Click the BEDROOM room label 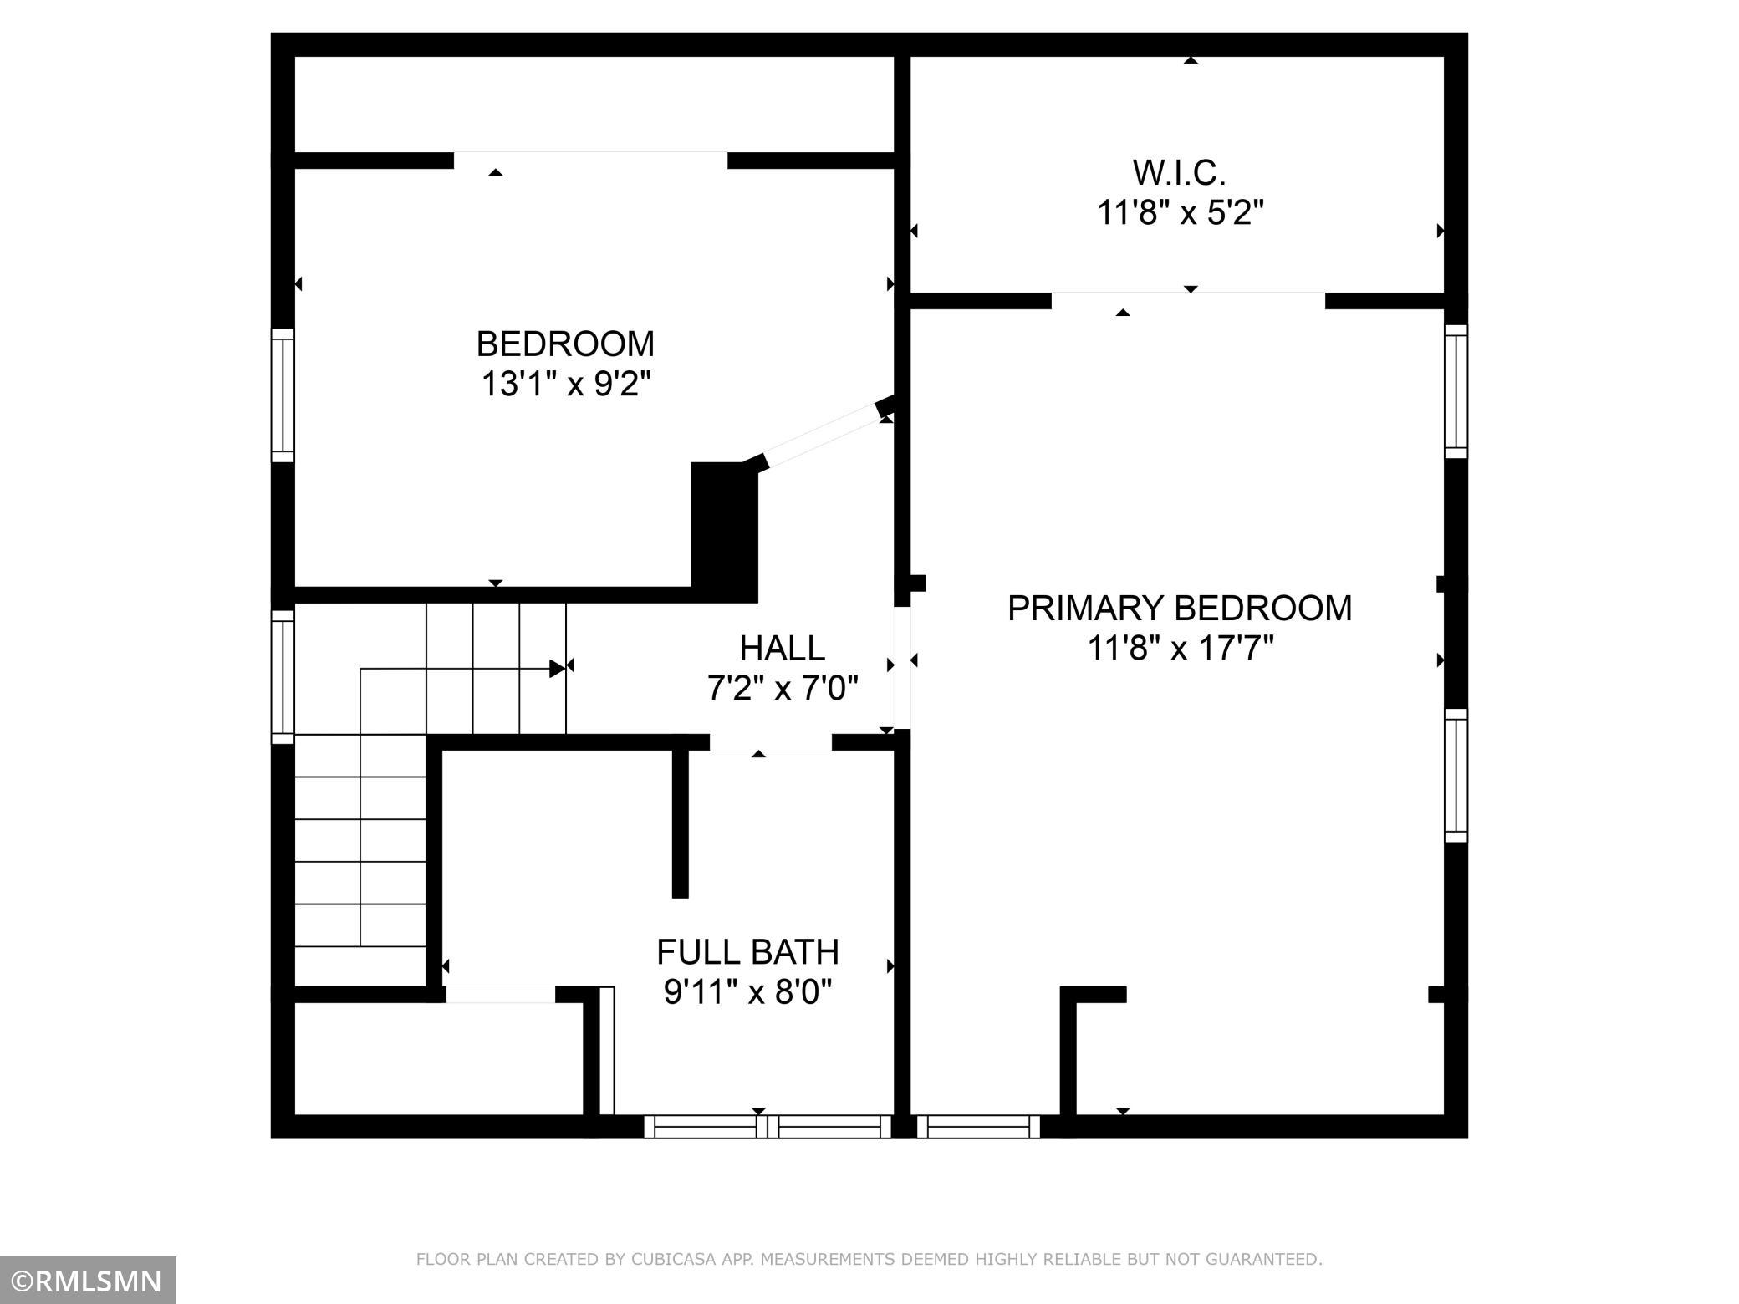[565, 344]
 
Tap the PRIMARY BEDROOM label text [1180, 608]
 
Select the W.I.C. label [1179, 172]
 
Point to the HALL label [782, 648]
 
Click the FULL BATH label [747, 951]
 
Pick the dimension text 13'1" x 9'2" [565, 385]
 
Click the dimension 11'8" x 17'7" [1180, 648]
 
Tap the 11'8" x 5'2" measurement [1180, 213]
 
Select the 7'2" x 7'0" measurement [783, 689]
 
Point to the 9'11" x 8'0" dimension [747, 992]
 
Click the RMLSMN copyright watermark [88, 1280]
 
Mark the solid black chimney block [724, 532]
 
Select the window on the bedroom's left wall [283, 395]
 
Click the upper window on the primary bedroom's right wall [1456, 391]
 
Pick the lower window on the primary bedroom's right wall [1456, 775]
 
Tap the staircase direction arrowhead [558, 669]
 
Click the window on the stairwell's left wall [283, 676]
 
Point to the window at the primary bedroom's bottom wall [978, 1127]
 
